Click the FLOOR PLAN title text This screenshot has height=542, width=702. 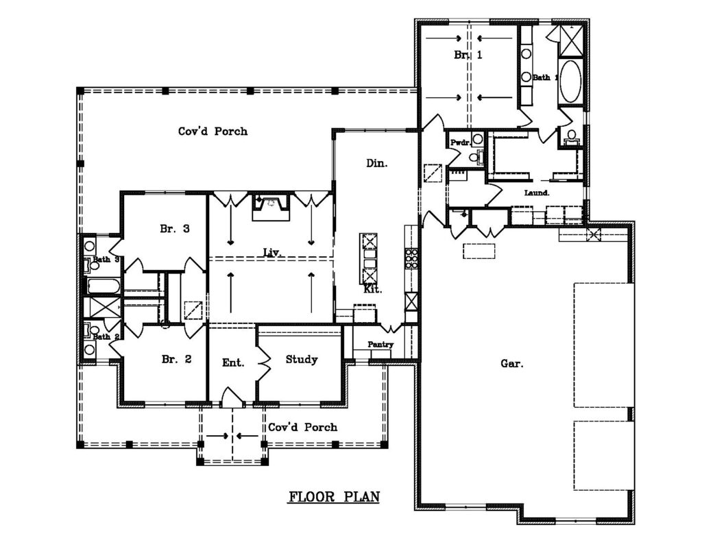click(334, 497)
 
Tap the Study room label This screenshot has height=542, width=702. click(302, 360)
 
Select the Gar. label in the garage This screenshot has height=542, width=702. click(511, 363)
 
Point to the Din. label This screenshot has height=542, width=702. click(377, 163)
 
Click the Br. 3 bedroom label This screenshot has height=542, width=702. click(175, 229)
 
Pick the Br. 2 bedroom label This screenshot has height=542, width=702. click(176, 359)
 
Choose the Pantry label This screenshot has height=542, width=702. click(380, 345)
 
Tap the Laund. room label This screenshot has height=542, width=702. click(537, 193)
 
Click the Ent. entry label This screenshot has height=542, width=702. click(233, 362)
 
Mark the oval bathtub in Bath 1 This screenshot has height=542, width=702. click(570, 81)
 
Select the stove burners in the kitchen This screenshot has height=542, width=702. click(411, 258)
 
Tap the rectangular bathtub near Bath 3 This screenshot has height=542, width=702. click(103, 286)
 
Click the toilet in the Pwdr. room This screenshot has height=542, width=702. click(476, 157)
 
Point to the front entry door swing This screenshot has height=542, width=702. click(232, 397)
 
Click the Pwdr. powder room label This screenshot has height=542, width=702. click(460, 143)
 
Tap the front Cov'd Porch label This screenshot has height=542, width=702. click(302, 428)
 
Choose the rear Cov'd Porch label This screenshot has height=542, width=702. click(213, 131)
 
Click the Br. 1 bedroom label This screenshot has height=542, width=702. click(468, 55)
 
